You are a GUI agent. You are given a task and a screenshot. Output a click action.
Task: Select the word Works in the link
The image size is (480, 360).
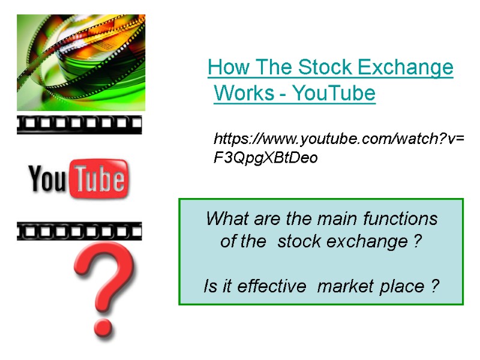click(240, 94)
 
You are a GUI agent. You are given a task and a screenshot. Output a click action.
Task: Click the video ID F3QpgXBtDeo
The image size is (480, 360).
click(265, 158)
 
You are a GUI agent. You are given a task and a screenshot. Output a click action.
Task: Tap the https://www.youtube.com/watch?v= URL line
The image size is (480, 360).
click(339, 140)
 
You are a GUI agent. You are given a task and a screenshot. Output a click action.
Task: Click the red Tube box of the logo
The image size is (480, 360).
click(99, 179)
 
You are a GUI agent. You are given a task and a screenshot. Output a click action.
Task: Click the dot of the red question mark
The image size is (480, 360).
click(103, 326)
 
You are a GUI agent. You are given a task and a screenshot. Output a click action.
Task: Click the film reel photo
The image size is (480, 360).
click(80, 62)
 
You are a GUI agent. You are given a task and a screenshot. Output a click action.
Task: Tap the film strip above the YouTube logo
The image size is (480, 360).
click(79, 125)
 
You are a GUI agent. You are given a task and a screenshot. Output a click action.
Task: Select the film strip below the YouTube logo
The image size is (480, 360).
click(79, 231)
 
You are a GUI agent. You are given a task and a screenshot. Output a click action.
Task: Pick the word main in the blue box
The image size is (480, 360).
click(326, 218)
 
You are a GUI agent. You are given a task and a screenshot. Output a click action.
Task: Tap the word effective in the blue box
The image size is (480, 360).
click(272, 287)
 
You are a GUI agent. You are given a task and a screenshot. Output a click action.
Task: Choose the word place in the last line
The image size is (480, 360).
click(405, 287)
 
